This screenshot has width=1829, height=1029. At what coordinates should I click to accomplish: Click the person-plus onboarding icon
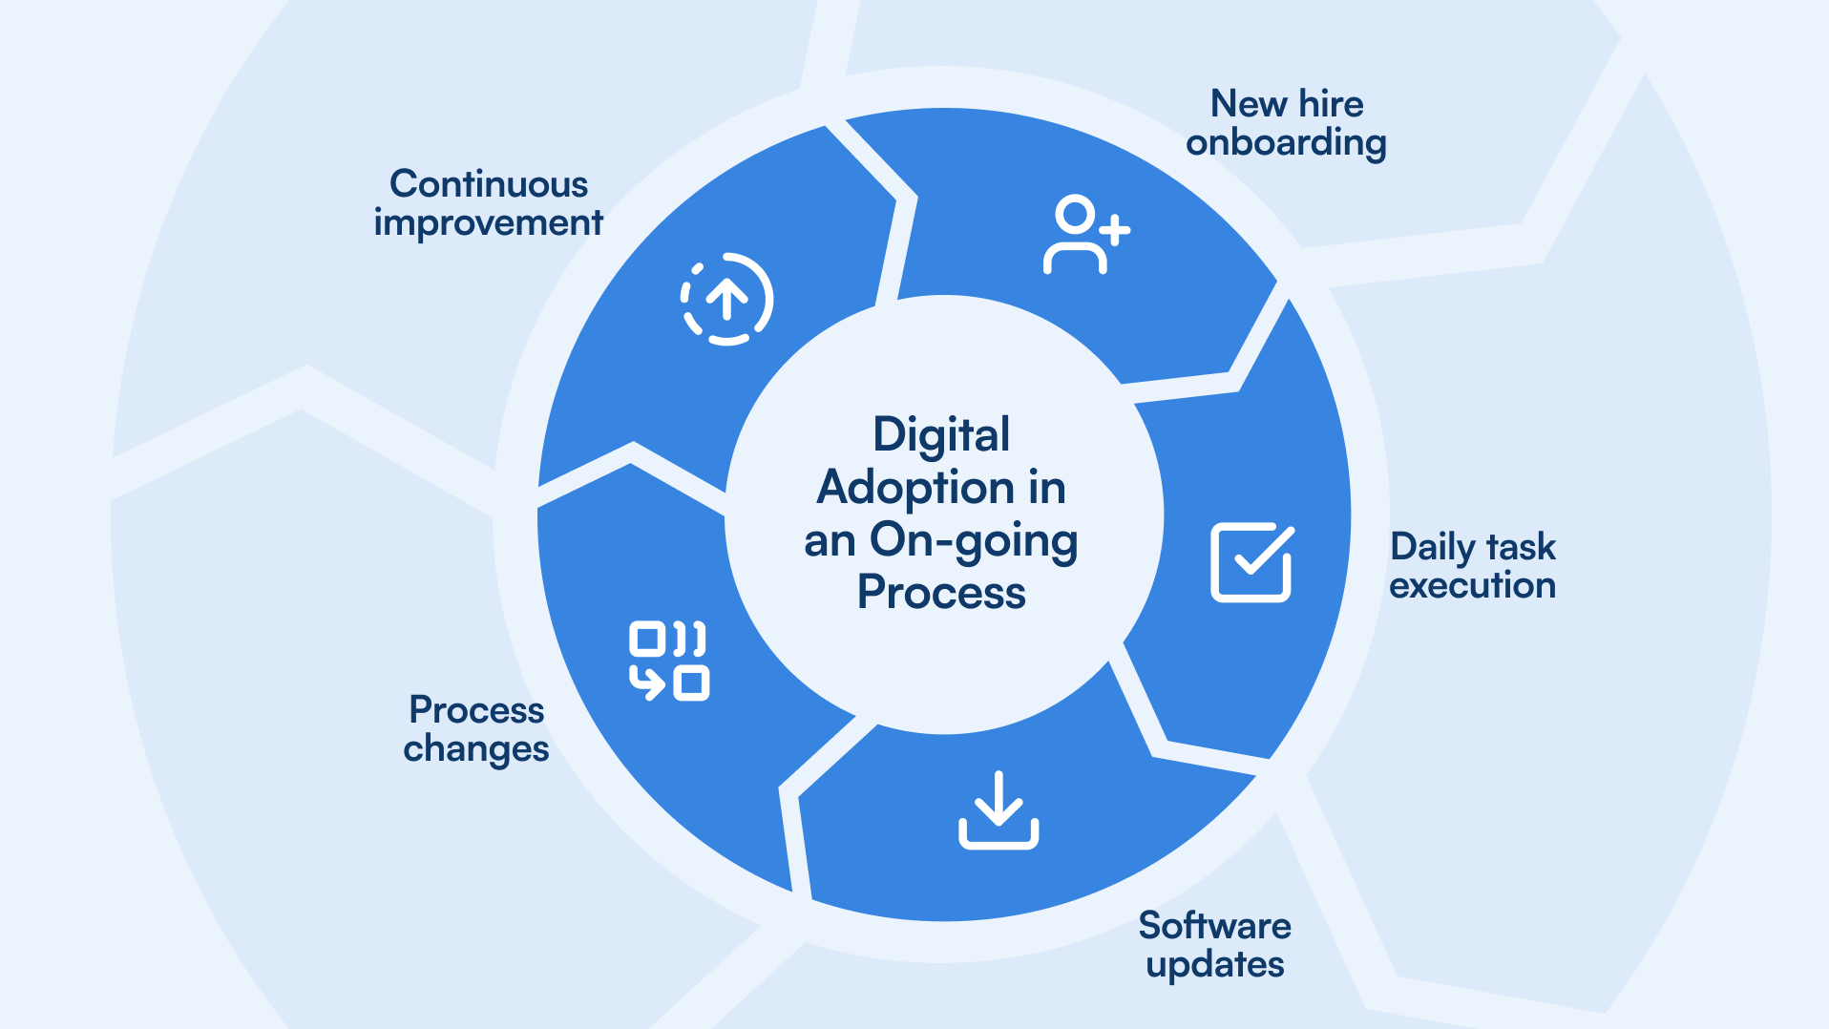1084,235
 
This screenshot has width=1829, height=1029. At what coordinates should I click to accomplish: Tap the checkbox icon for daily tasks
1251,562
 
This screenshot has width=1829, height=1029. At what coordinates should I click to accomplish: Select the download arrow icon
999,810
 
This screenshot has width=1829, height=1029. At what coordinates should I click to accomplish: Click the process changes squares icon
668,661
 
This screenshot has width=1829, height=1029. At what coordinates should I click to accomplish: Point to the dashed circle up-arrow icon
726,299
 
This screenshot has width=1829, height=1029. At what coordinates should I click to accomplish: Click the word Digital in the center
941,434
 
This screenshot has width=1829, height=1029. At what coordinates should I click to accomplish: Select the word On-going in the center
974,541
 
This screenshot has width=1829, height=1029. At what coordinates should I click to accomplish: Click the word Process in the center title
941,593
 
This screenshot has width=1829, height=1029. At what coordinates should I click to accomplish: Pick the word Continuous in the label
489,183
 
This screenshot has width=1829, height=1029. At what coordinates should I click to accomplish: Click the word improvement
488,222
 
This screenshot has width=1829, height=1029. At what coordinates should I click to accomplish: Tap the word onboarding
1286,142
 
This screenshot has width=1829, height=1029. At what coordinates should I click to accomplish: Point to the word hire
1331,103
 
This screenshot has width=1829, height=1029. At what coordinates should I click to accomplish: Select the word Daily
1433,547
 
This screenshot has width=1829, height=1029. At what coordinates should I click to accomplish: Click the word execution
1472,585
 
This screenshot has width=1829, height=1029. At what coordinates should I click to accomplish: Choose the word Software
1214,925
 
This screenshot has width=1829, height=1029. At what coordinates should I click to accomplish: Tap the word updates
1214,964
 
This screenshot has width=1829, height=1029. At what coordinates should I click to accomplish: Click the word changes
475,748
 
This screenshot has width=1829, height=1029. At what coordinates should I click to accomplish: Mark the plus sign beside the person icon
1114,230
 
